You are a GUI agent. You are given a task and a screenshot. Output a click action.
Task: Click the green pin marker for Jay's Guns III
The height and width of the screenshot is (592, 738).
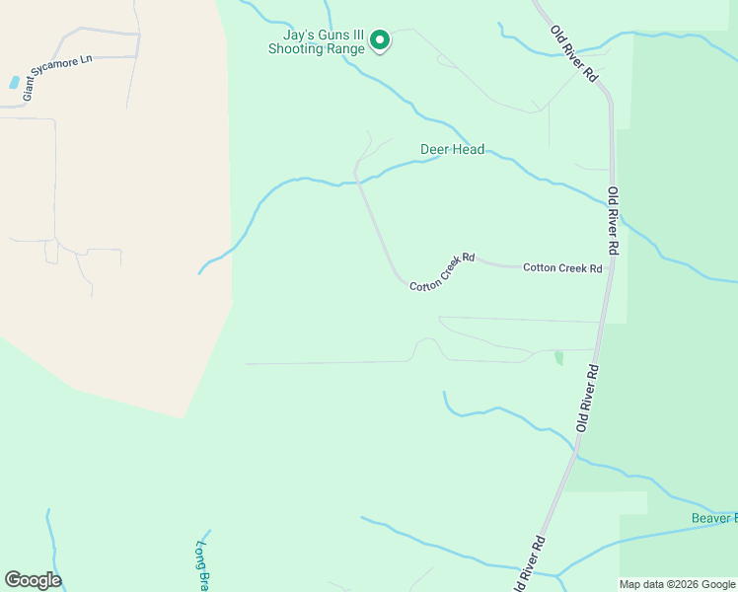tap(379, 39)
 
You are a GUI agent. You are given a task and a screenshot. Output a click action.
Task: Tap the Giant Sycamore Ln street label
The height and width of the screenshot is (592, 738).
tap(56, 77)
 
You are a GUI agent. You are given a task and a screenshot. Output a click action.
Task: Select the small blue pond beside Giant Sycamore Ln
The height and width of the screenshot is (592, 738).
tap(14, 83)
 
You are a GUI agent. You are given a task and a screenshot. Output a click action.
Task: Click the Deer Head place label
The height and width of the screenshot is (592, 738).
tap(452, 150)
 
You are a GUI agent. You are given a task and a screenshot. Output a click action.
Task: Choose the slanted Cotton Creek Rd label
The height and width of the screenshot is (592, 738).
tap(442, 271)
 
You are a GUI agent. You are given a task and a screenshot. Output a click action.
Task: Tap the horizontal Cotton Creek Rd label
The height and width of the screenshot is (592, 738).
tap(562, 267)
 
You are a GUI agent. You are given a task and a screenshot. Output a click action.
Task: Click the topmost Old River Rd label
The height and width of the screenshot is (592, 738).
tap(574, 53)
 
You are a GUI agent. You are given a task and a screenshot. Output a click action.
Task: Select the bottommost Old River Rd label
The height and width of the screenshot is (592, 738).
tap(528, 565)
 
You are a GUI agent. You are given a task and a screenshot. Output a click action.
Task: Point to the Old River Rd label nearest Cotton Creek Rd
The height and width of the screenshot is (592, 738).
tap(613, 221)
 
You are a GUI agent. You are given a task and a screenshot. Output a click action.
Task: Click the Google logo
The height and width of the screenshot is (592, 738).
tap(33, 580)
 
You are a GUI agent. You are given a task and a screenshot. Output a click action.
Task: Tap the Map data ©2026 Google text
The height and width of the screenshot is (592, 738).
tap(677, 584)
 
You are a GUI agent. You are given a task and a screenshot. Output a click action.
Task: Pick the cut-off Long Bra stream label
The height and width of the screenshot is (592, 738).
tap(203, 566)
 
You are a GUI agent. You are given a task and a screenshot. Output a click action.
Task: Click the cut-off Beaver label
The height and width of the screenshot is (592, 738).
tap(712, 518)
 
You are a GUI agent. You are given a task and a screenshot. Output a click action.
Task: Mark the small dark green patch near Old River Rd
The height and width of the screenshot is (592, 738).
tap(559, 357)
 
